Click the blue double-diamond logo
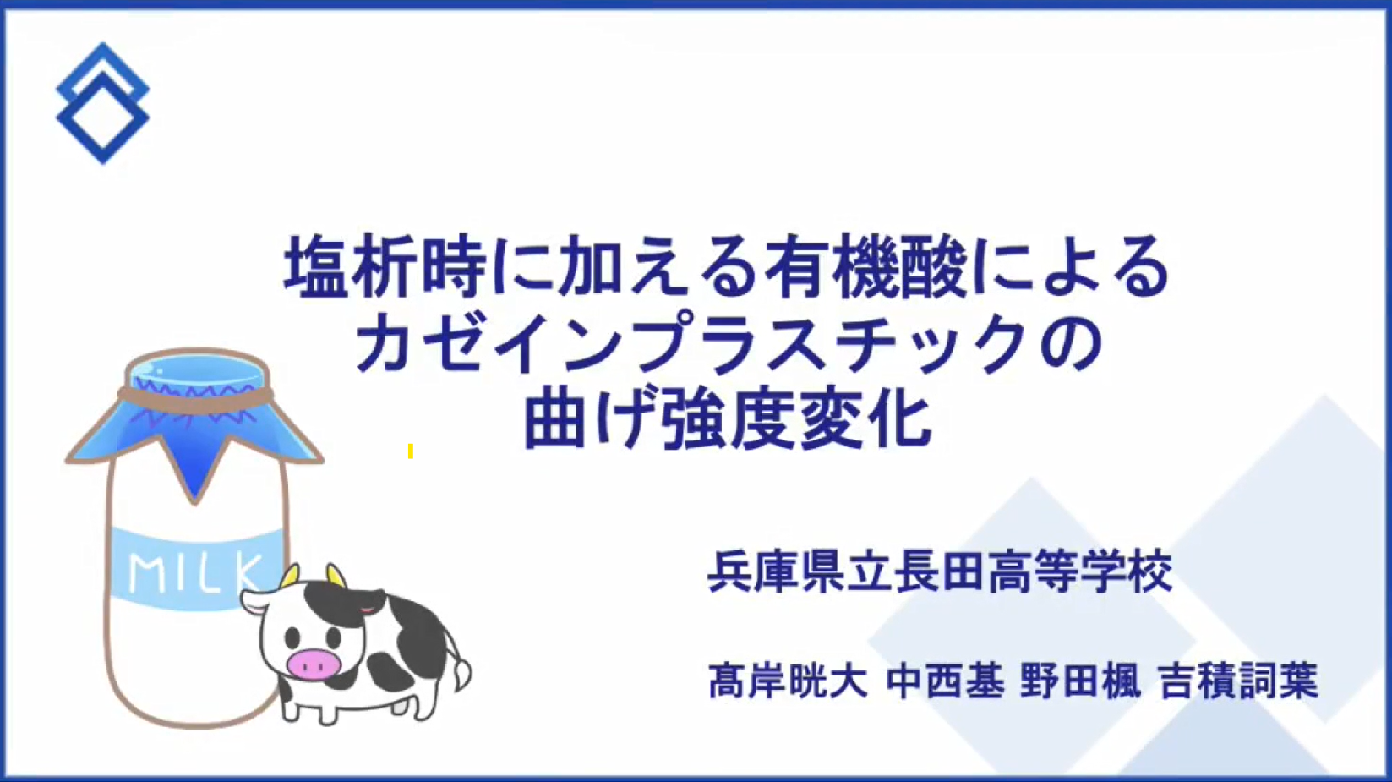(x=102, y=103)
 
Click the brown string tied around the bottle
(x=195, y=396)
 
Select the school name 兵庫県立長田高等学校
(x=940, y=571)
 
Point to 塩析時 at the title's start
(x=385, y=266)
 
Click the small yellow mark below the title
(x=411, y=451)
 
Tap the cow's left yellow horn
(x=290, y=576)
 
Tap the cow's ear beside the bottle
(x=256, y=602)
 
